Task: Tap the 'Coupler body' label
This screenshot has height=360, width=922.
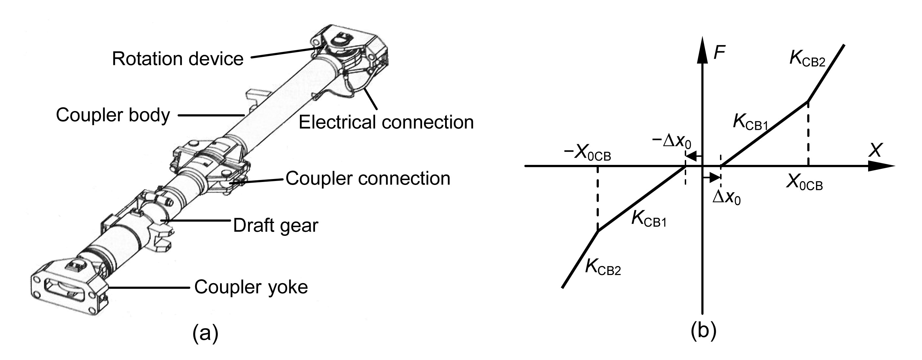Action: [x=113, y=116]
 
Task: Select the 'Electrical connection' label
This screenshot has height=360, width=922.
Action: [x=386, y=123]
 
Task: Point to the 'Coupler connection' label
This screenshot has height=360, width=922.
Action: [x=368, y=178]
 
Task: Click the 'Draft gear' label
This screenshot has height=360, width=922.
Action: [x=275, y=225]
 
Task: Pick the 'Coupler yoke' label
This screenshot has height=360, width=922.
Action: [x=251, y=287]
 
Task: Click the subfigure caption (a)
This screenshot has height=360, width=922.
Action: [x=205, y=333]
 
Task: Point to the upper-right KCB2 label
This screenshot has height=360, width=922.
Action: [x=807, y=60]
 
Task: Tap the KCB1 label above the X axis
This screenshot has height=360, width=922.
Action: [x=750, y=123]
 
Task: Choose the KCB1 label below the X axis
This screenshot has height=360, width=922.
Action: [x=648, y=219]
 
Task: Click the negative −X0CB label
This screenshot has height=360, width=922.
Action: [x=587, y=154]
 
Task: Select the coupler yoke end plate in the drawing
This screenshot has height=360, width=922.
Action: [x=68, y=288]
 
